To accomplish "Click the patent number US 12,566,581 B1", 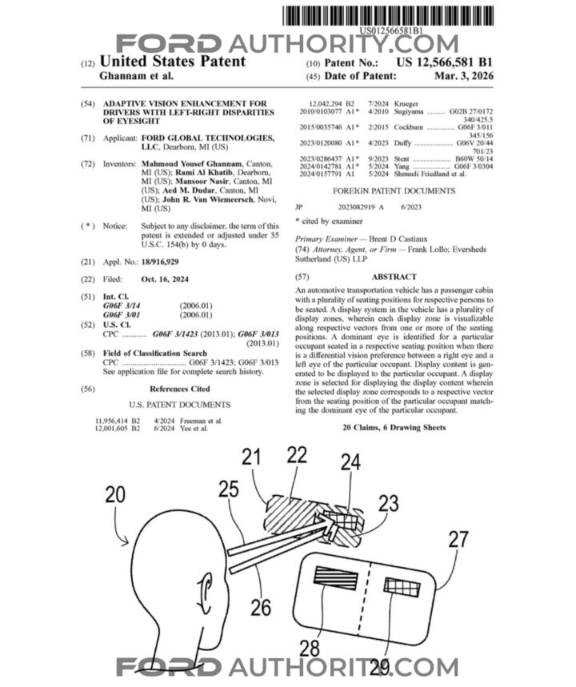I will [x=446, y=61].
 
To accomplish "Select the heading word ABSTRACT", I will [x=394, y=277].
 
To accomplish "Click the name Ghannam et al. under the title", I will [x=135, y=76].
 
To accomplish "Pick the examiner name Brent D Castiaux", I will [x=403, y=239].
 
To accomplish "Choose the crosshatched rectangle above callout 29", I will [x=401, y=587].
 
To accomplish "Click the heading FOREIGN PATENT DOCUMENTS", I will [x=394, y=191].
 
